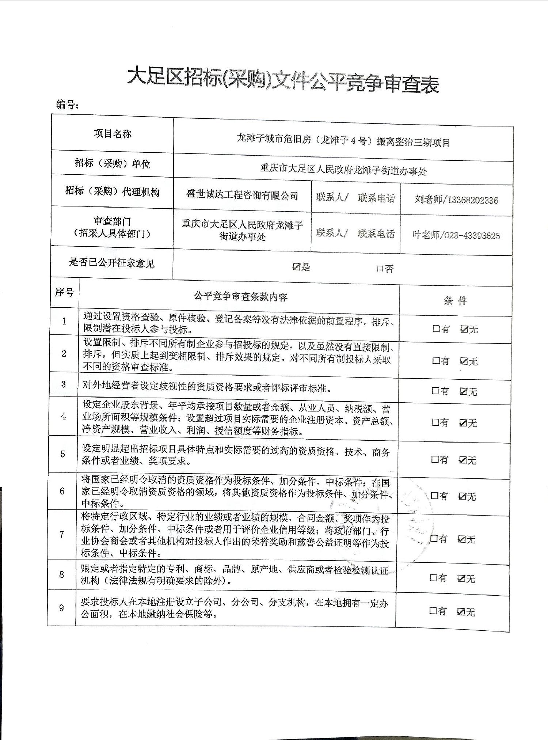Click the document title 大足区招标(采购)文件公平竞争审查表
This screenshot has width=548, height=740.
[283, 81]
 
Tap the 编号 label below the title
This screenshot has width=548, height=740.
[67, 105]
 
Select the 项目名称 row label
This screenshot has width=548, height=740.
[112, 134]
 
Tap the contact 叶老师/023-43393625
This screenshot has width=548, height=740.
[456, 235]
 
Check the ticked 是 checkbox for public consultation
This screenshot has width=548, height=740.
[296, 267]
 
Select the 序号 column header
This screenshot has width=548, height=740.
[64, 292]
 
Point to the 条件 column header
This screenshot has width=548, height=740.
[455, 301]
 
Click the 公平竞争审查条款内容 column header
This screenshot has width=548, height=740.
[240, 296]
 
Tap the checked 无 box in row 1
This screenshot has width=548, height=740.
[464, 329]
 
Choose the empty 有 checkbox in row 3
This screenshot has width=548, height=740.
[435, 391]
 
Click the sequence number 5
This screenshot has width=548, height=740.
[62, 454]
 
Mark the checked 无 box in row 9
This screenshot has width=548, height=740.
[461, 611]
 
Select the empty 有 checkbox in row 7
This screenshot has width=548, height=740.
[434, 538]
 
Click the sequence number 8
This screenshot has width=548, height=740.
[61, 574]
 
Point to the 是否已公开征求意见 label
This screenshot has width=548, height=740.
[112, 263]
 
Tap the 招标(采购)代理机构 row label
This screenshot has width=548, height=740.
[112, 191]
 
